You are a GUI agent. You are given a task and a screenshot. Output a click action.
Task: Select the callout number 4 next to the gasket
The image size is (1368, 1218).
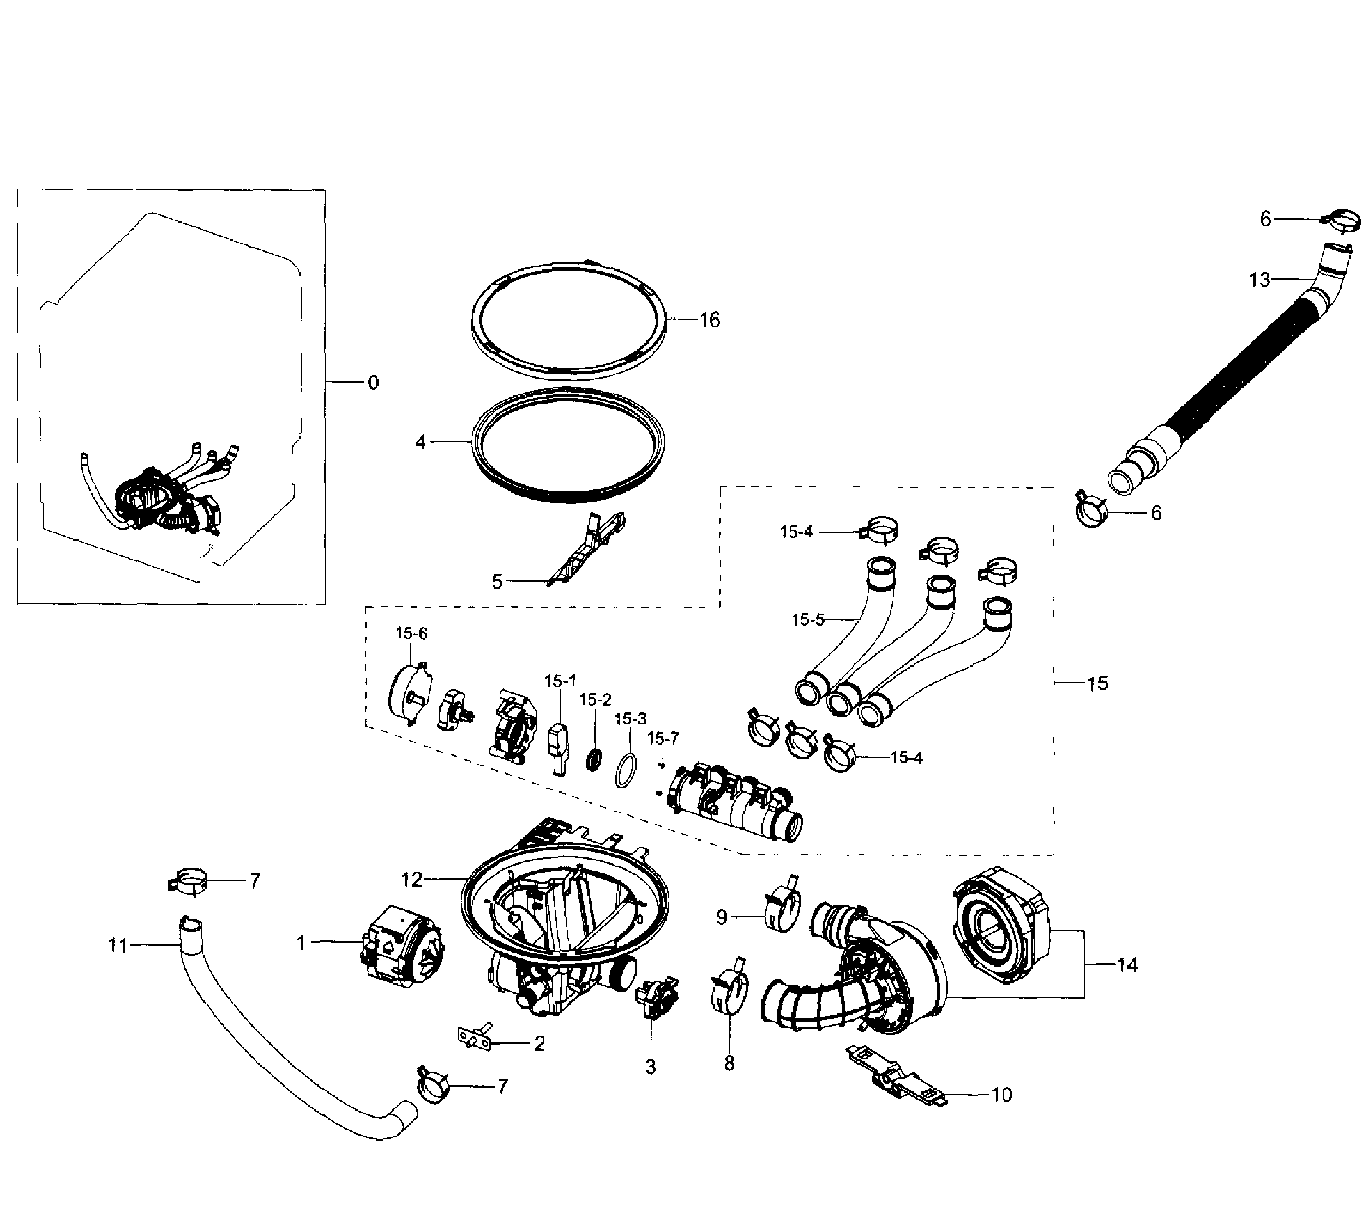(421, 442)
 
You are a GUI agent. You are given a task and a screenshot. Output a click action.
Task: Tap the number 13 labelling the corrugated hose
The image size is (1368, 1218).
(1259, 280)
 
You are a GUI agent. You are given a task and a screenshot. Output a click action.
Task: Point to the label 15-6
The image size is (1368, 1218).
(411, 633)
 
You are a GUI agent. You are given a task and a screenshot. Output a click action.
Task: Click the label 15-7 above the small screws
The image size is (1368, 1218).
(663, 738)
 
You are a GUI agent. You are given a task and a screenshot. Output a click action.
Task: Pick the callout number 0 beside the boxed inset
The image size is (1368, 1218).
(373, 383)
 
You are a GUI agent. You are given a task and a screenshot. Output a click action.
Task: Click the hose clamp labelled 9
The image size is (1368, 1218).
(782, 906)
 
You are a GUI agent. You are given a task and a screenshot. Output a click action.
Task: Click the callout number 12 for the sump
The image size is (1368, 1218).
(412, 879)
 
